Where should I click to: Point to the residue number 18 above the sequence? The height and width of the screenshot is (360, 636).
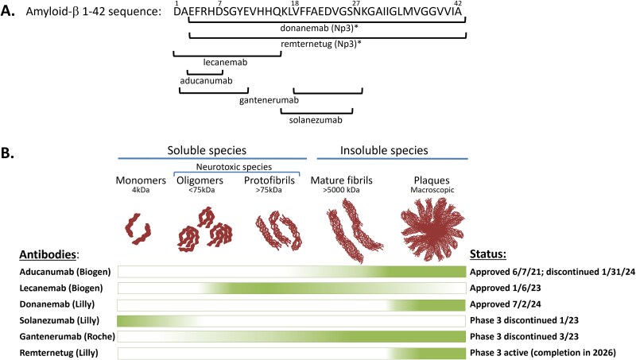296,4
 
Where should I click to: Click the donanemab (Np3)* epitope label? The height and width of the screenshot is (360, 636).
325,27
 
